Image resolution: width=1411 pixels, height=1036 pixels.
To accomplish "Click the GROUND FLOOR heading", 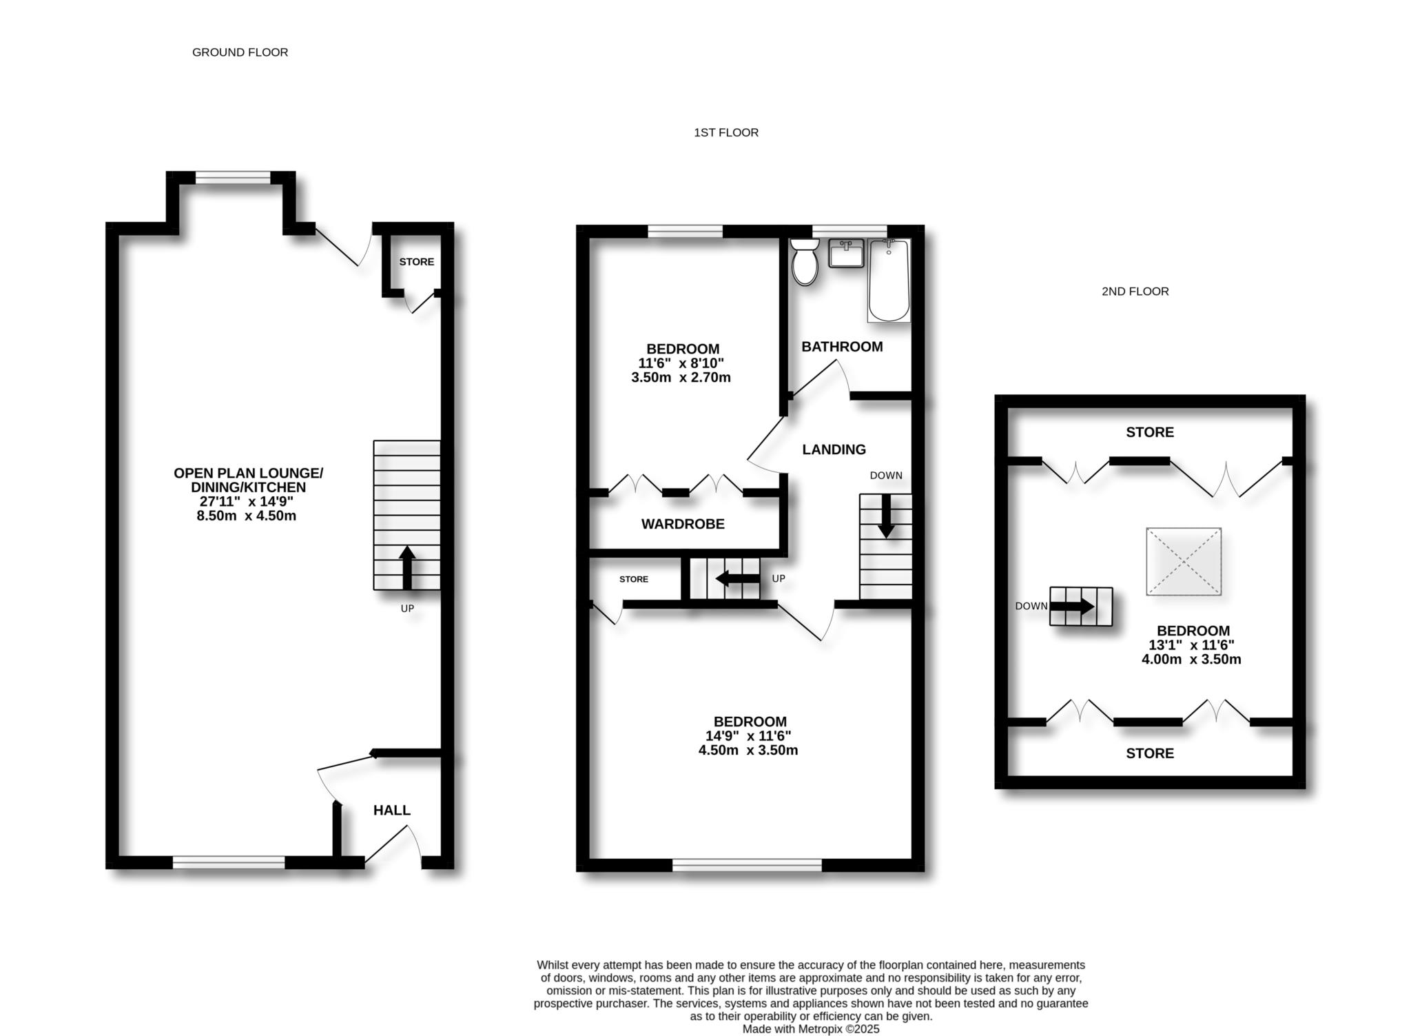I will coord(240,52).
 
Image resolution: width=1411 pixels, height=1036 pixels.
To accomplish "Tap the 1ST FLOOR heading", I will coord(725,132).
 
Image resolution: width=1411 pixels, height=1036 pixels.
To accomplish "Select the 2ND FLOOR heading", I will coord(1135,292).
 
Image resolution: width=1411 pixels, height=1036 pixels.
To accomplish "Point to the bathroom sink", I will coord(846,254).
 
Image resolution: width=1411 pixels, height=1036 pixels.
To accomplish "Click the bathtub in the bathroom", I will coord(889,281).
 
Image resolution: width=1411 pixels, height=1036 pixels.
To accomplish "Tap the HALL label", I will coord(392,811).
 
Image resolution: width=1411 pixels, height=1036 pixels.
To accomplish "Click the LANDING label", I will coord(834,450).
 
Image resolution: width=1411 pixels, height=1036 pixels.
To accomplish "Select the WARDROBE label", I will coord(683,525).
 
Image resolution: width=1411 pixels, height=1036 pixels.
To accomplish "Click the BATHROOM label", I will coord(842,347).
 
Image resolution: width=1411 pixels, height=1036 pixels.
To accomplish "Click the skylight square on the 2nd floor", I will coord(1184,562).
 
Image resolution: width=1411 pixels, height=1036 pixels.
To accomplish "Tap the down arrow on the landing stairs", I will coord(886,516).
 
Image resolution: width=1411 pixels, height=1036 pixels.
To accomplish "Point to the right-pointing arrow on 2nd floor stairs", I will coord(1072,607).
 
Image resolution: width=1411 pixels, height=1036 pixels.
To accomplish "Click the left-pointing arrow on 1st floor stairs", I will coord(738,578).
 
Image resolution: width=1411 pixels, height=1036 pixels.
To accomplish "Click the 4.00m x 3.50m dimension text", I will coord(1191,660).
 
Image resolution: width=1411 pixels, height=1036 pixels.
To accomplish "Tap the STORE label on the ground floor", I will coord(417,262).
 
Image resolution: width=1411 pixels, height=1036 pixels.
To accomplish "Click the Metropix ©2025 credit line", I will coord(811,1029).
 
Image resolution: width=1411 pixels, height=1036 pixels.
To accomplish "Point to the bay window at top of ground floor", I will coord(233,178).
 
